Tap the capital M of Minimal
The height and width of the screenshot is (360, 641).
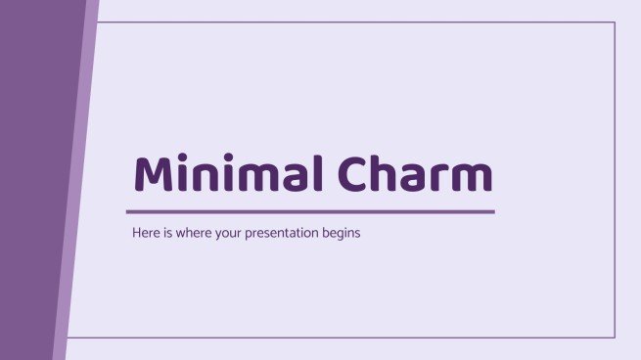(x=156, y=174)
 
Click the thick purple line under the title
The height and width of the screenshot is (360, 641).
(x=310, y=211)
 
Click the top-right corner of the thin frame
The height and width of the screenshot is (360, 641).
(x=615, y=22)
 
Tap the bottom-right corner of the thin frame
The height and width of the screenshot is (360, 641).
(x=615, y=337)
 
